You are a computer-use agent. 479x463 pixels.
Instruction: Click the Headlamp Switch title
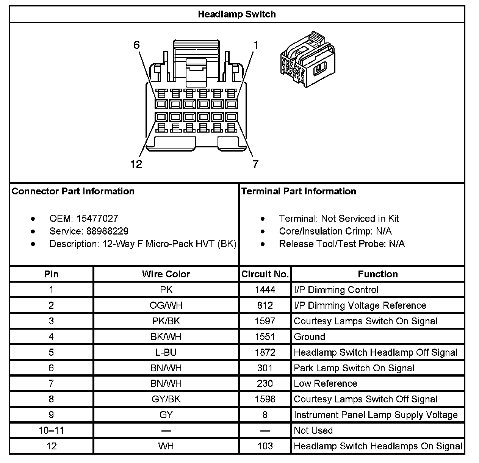pyautogui.click(x=237, y=14)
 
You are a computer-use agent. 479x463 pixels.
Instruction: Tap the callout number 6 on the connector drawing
pyautogui.click(x=136, y=45)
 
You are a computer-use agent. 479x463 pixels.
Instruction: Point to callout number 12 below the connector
pyautogui.click(x=136, y=164)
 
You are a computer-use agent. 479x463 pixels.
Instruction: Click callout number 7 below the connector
pyautogui.click(x=256, y=164)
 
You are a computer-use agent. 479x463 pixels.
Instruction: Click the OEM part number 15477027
pyautogui.click(x=97, y=219)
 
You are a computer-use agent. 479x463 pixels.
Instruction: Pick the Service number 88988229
pyautogui.click(x=108, y=231)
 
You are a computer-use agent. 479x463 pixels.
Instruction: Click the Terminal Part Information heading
pyautogui.click(x=299, y=191)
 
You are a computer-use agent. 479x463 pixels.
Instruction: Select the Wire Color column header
pyautogui.click(x=166, y=274)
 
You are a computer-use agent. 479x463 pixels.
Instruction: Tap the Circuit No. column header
pyautogui.click(x=265, y=274)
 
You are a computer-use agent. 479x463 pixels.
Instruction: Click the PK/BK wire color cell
pyautogui.click(x=166, y=321)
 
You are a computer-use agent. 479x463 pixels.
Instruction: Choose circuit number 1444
pyautogui.click(x=265, y=290)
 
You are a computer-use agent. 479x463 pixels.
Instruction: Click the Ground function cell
pyautogui.click(x=310, y=337)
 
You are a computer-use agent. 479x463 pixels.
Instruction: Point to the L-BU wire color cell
pyautogui.click(x=166, y=352)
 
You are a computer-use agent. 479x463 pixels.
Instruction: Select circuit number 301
pyautogui.click(x=265, y=368)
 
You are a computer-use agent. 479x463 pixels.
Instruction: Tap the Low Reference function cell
pyautogui.click(x=326, y=383)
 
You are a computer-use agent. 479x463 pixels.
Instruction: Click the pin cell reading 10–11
pyautogui.click(x=51, y=430)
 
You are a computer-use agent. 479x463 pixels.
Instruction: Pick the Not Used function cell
pyautogui.click(x=313, y=430)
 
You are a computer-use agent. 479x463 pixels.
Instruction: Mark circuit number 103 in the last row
pyautogui.click(x=265, y=446)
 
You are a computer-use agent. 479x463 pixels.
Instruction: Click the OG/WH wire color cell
pyautogui.click(x=166, y=305)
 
